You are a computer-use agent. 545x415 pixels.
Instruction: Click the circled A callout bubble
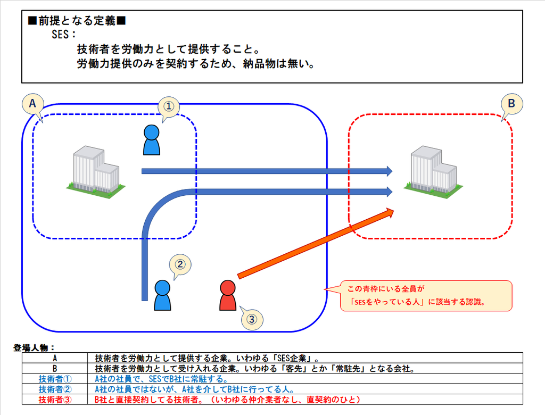pyautogui.click(x=32, y=104)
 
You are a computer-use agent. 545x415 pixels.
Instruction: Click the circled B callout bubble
pyautogui.click(x=511, y=104)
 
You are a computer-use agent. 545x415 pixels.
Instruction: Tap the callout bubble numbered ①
pyautogui.click(x=169, y=106)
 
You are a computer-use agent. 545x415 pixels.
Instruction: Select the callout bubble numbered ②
pyautogui.click(x=180, y=264)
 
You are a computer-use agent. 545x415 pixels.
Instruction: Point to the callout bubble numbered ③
pyautogui.click(x=252, y=319)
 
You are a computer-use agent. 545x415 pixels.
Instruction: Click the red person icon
pyautogui.click(x=228, y=295)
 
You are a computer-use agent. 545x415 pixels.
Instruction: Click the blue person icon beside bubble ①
pyautogui.click(x=152, y=140)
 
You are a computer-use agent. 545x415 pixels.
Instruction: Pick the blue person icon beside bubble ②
pyautogui.click(x=162, y=295)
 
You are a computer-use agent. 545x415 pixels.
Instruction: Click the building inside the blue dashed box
pyautogui.click(x=96, y=172)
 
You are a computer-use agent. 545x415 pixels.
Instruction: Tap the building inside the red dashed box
pyautogui.click(x=433, y=172)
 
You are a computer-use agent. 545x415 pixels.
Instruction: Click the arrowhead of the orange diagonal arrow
pyautogui.click(x=390, y=212)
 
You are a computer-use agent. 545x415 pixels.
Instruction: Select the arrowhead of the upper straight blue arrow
pyautogui.click(x=390, y=171)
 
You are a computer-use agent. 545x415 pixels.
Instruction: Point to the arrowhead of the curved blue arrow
pyautogui.click(x=390, y=192)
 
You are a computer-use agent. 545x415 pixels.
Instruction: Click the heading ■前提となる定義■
pyautogui.click(x=77, y=21)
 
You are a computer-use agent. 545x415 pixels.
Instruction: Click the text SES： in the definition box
pyautogui.click(x=64, y=35)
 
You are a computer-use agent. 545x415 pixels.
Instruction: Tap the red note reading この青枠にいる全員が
pyautogui.click(x=386, y=289)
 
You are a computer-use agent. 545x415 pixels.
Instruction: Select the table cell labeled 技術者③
pyautogui.click(x=55, y=400)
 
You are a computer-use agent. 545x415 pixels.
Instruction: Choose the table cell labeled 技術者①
pyautogui.click(x=55, y=379)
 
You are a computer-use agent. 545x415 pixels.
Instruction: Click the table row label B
pyautogui.click(x=55, y=368)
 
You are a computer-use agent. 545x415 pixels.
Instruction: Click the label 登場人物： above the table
pyautogui.click(x=34, y=347)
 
